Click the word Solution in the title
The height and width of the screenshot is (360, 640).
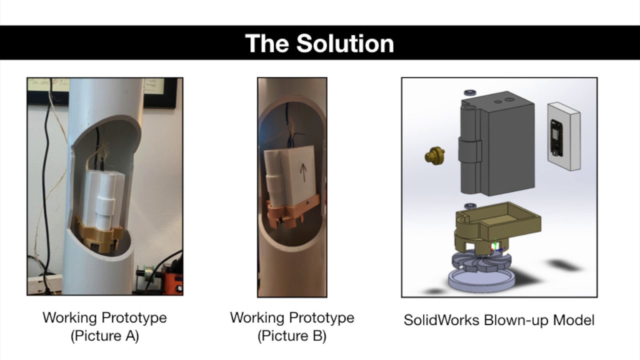(345, 43)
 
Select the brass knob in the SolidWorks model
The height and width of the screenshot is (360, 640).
(435, 155)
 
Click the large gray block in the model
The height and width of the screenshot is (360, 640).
(497, 145)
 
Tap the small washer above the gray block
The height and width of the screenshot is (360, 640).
(470, 92)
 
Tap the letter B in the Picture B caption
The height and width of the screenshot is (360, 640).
(316, 336)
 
